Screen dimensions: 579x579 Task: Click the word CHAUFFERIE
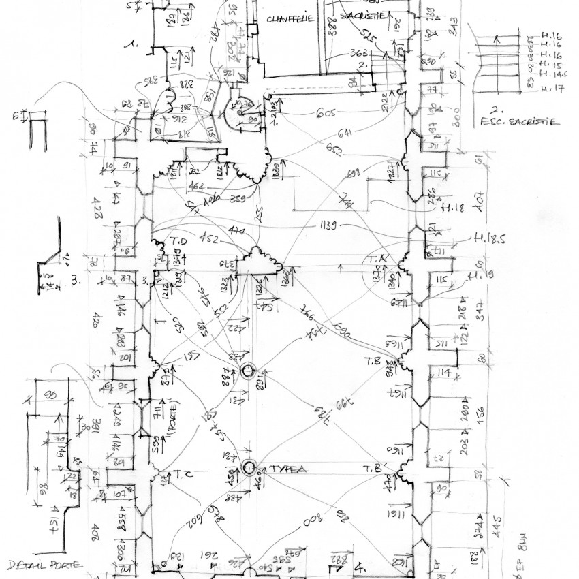[x=291, y=19]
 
